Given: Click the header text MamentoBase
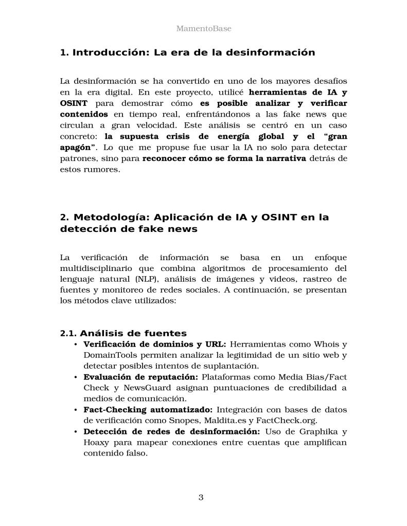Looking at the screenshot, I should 203,28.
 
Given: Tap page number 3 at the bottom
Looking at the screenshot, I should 201,497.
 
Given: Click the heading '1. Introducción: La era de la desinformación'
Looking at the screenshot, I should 187,52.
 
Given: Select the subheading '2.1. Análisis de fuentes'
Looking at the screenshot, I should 123,333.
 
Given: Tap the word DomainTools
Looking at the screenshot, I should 109,355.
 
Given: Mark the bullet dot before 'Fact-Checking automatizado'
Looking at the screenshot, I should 76,410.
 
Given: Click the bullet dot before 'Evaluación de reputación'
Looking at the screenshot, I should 76,377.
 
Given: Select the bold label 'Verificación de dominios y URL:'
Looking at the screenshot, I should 154,344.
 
